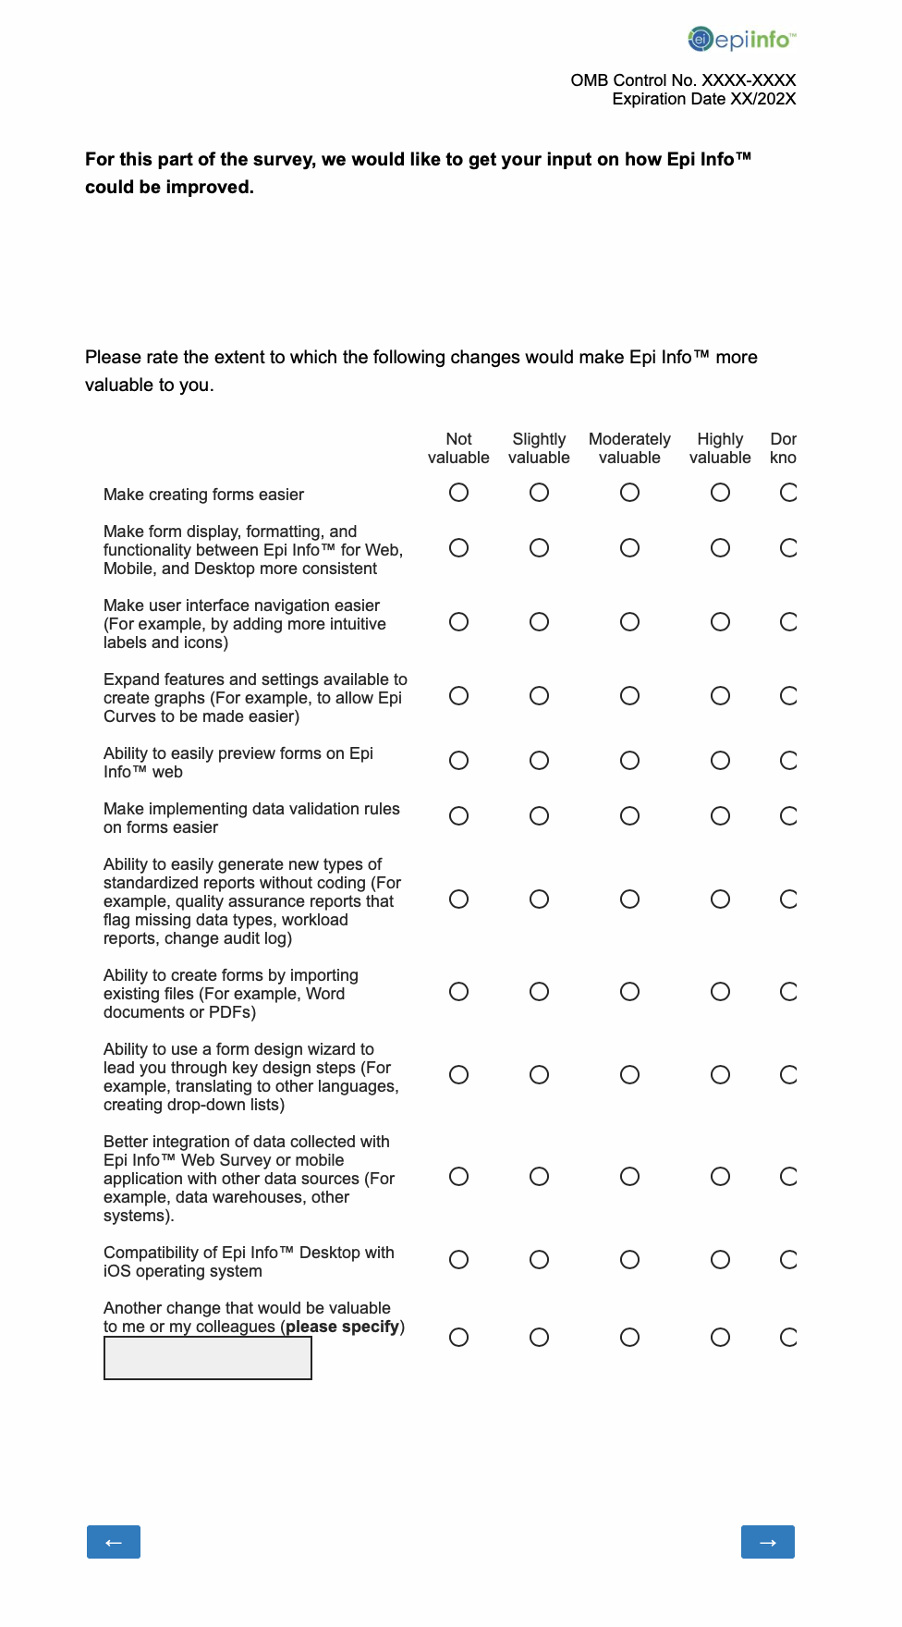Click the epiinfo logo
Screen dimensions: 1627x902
pos(741,40)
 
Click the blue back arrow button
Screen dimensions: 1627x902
pos(114,1542)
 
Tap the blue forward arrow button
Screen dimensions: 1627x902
pos(767,1542)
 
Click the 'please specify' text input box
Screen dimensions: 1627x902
pos(208,1358)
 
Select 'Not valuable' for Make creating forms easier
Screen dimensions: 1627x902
pos(458,493)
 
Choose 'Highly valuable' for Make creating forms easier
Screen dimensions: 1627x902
pos(720,493)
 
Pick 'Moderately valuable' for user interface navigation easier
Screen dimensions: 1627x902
pos(629,622)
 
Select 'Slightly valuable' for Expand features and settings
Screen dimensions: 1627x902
pos(539,696)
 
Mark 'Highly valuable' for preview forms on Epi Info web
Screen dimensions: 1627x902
pos(720,761)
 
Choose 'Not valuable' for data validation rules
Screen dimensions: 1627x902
pos(458,816)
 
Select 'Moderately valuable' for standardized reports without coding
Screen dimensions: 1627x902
pos(629,899)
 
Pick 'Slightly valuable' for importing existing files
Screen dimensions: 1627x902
pos(539,992)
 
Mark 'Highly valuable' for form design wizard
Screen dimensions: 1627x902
pos(720,1075)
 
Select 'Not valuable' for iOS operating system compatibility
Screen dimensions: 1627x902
pos(458,1260)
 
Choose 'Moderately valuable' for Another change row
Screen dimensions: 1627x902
pos(629,1338)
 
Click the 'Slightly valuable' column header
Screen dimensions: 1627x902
pos(539,448)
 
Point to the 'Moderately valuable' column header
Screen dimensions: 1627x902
pos(629,448)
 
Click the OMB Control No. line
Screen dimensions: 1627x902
pos(683,80)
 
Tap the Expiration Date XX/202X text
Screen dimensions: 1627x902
pos(703,99)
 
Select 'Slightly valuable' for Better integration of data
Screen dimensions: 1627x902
pos(539,1177)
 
